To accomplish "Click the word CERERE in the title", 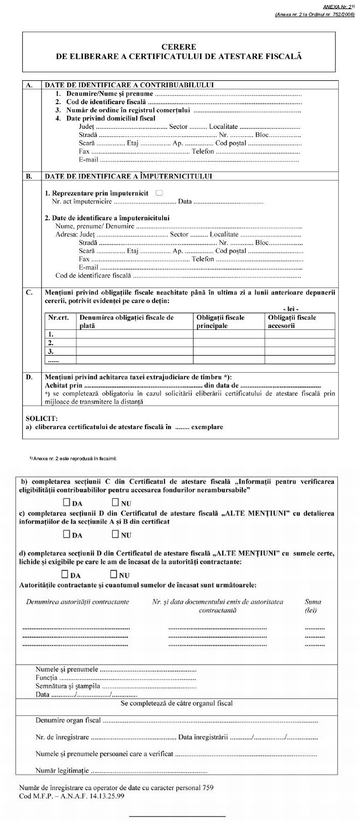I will [179, 46].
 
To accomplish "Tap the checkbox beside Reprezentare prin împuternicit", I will [160, 192].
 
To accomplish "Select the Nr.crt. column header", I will [58, 317].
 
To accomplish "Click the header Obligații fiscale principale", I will [220, 321].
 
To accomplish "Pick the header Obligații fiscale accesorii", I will [292, 321].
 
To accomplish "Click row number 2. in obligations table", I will [50, 342].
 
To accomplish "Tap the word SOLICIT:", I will [41, 418].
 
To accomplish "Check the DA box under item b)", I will [67, 503].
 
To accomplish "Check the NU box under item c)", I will [115, 534].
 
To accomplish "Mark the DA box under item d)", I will [65, 574].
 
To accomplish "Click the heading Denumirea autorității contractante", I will [77, 602].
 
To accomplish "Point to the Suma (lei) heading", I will [313, 606].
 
